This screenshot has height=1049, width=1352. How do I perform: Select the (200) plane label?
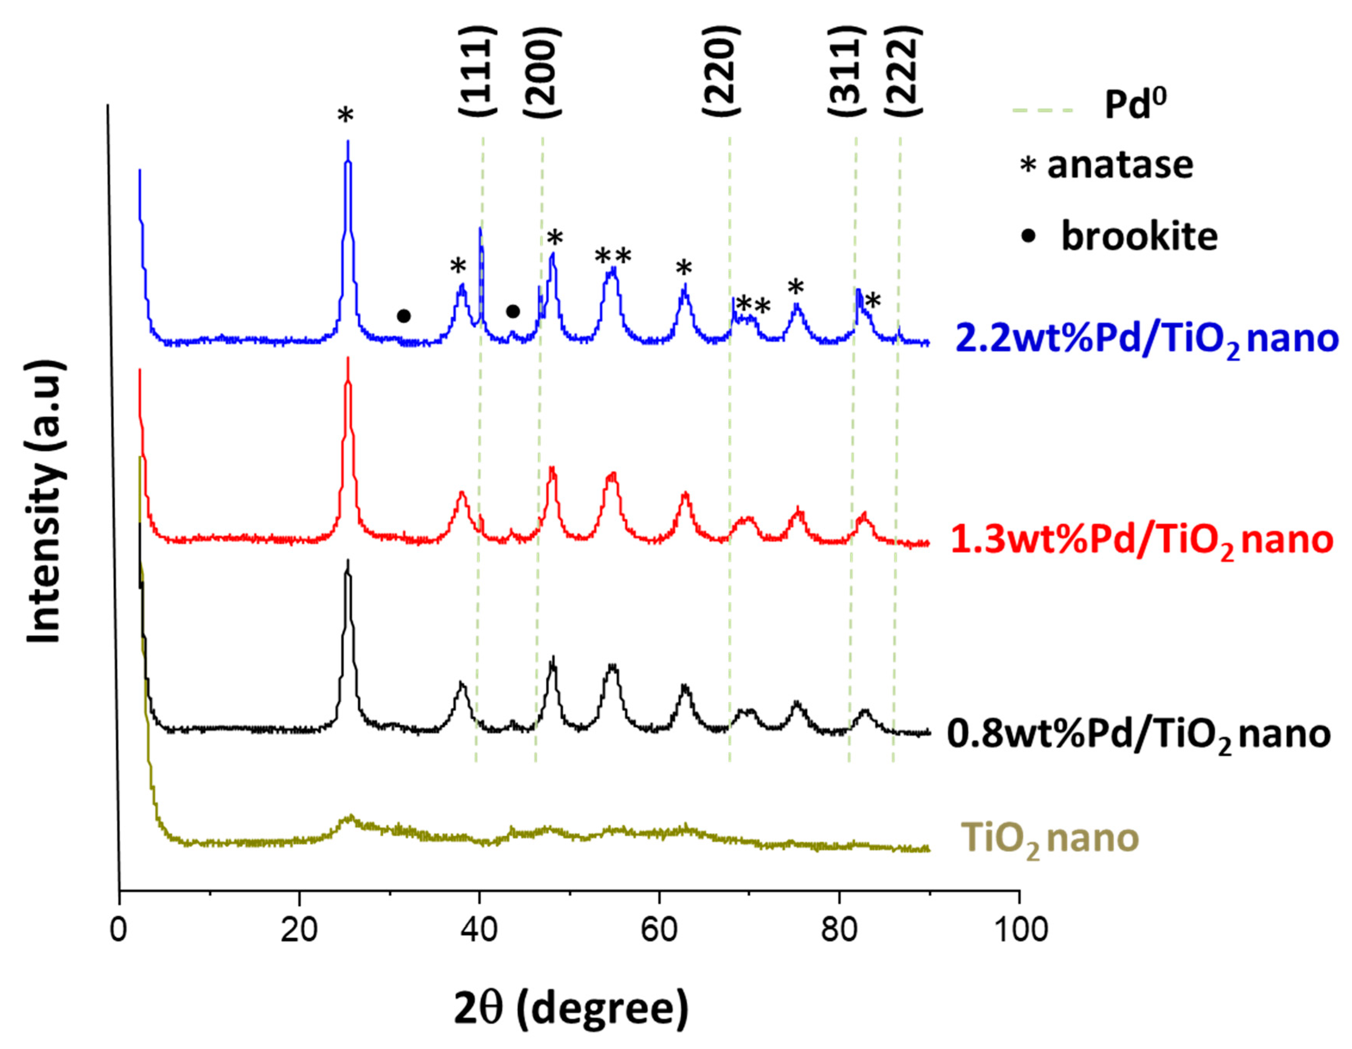tap(542, 71)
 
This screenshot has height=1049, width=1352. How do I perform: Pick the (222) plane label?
tap(903, 71)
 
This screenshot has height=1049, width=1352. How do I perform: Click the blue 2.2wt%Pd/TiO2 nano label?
tap(1146, 339)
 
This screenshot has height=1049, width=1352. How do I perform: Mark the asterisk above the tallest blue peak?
tap(345, 116)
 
